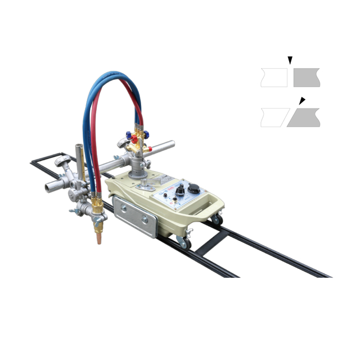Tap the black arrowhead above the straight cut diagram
[x=290, y=60]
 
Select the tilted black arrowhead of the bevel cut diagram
[x=302, y=101]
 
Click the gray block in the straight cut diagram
[x=306, y=78]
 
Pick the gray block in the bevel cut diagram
[x=304, y=118]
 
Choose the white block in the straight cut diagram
[x=274, y=78]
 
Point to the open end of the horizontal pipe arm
[x=171, y=145]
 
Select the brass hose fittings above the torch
[x=97, y=201]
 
